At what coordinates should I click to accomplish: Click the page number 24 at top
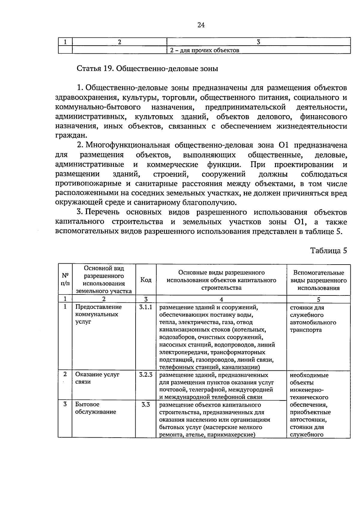pos(201,25)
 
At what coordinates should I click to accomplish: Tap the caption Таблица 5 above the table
pos(328,250)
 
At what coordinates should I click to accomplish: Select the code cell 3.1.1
pos(146,307)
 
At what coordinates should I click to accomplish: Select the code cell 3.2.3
pos(146,375)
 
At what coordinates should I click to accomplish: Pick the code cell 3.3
pos(146,404)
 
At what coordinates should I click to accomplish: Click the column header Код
pos(146,280)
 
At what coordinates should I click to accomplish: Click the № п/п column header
pos(65,279)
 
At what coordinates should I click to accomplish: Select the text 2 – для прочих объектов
pos(205,50)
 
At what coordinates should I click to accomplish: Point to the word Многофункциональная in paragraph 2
pos(128,145)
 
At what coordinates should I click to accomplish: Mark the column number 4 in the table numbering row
pos(221,299)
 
